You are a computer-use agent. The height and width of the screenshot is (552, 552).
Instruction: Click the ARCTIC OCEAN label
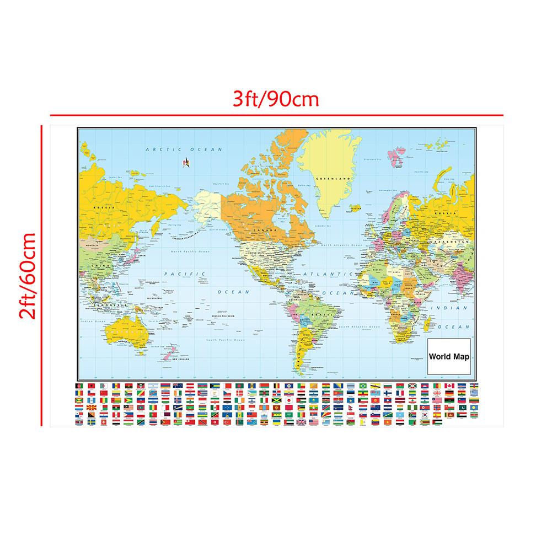[x=183, y=149]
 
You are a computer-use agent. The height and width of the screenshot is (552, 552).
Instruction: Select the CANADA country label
[x=261, y=231]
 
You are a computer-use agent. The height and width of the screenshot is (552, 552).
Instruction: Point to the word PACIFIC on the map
[x=184, y=274]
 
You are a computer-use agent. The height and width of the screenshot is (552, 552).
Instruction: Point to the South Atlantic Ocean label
[x=359, y=327]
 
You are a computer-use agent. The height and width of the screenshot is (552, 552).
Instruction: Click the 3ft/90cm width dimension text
[x=276, y=100]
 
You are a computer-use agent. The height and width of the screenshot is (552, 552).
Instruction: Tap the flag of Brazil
[x=363, y=385]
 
